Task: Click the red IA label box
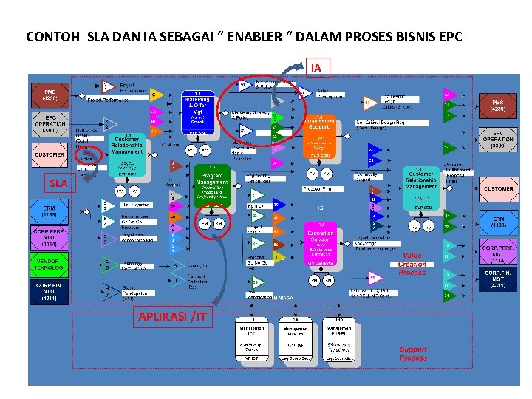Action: pos(316,68)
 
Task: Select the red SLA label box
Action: pos(59,183)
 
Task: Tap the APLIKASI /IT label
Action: pos(172,318)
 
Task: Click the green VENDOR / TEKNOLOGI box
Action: pos(49,265)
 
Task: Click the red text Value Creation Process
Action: pos(412,264)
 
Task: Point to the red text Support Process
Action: pos(413,353)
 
